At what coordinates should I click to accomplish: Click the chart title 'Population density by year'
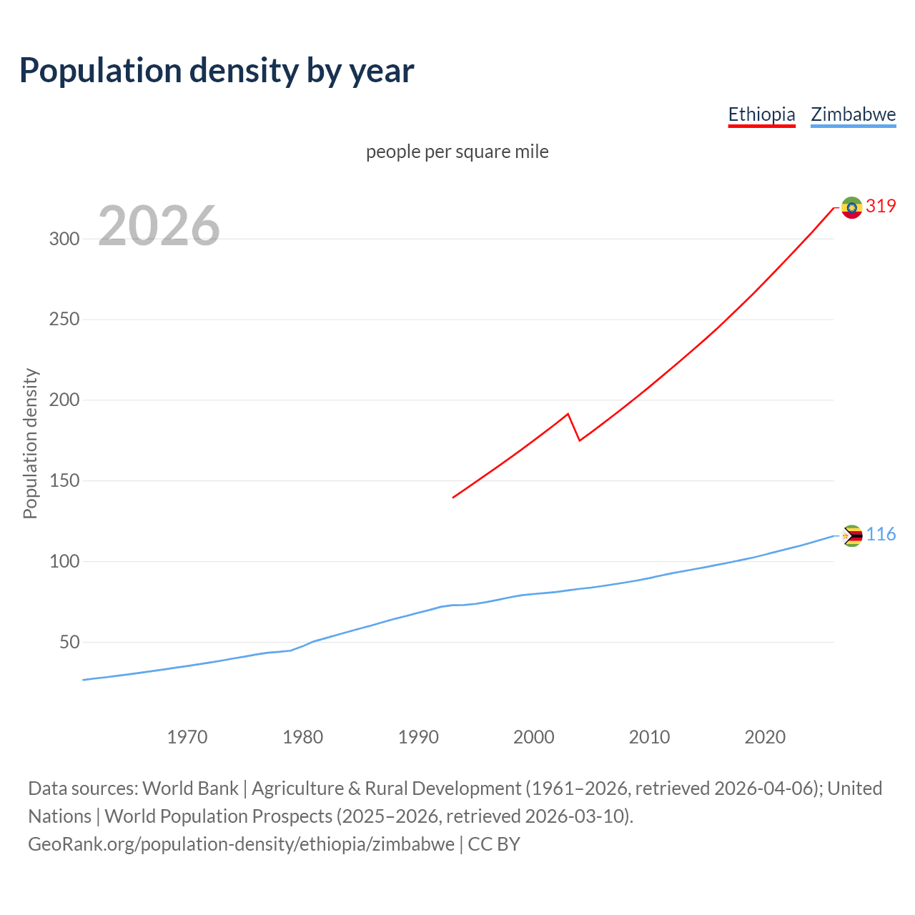(217, 71)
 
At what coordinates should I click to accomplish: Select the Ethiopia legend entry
(761, 114)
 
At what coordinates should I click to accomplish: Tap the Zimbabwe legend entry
(853, 114)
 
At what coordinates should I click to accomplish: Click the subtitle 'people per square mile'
(457, 152)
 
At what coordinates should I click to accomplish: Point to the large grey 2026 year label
(159, 226)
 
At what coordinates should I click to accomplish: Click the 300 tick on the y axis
(64, 239)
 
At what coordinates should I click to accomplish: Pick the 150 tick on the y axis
(64, 481)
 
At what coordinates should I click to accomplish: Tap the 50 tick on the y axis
(69, 643)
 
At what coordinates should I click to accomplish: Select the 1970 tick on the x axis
(187, 737)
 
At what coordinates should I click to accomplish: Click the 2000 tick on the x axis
(534, 737)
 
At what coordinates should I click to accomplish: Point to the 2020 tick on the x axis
(765, 737)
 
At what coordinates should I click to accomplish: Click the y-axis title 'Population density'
(30, 443)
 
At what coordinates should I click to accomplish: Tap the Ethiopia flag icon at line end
(851, 207)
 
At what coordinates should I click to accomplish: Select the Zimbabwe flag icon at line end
(852, 535)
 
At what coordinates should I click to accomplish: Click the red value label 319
(881, 207)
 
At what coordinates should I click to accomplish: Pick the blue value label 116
(881, 535)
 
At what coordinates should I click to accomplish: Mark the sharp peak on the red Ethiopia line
(568, 414)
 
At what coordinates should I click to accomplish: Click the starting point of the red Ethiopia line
(453, 498)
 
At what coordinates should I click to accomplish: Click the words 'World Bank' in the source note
(190, 788)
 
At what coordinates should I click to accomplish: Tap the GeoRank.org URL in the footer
(241, 844)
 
